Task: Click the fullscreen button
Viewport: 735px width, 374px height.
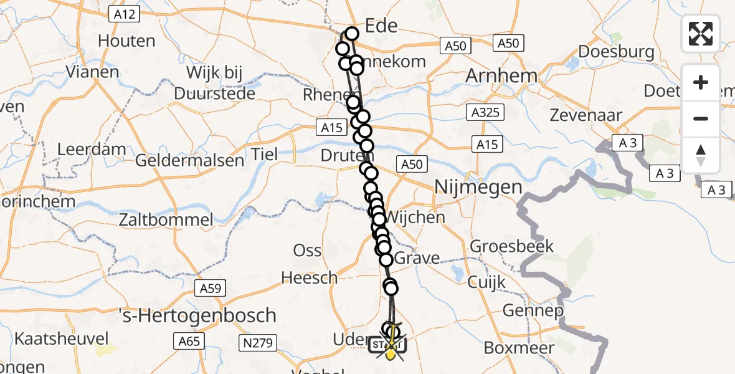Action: pos(701,33)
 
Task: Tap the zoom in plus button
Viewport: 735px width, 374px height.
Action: pos(701,82)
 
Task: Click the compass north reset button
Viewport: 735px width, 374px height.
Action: pos(701,155)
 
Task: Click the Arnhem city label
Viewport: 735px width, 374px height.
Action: pos(501,77)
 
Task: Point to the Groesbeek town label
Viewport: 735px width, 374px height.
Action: pos(511,246)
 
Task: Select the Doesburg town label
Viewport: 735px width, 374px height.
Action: pos(616,51)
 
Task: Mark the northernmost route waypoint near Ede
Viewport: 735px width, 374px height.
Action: pos(352,34)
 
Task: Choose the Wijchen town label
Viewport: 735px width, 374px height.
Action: pos(416,218)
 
